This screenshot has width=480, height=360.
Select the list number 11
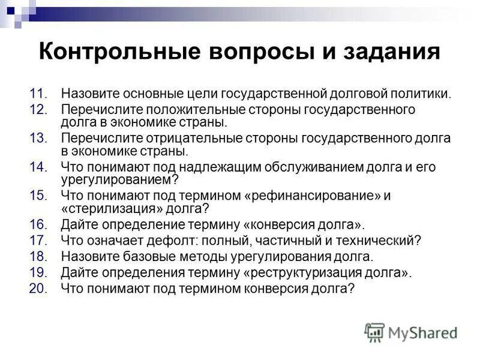tap(37, 94)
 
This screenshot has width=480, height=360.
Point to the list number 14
tap(37, 166)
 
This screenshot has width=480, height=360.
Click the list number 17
tap(37, 241)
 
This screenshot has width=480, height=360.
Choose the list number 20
tap(37, 288)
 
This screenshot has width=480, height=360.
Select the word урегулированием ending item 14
tap(115, 180)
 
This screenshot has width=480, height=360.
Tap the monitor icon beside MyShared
tap(374, 332)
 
